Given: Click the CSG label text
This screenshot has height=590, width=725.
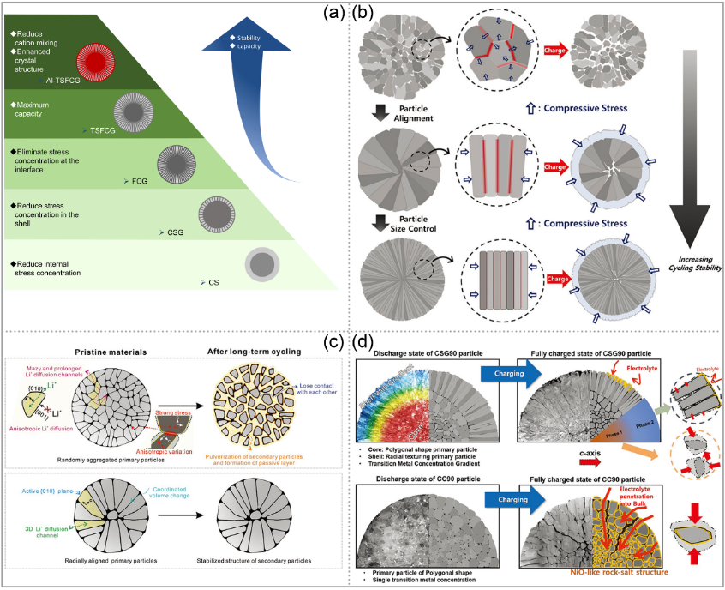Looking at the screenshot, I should (x=176, y=232).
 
